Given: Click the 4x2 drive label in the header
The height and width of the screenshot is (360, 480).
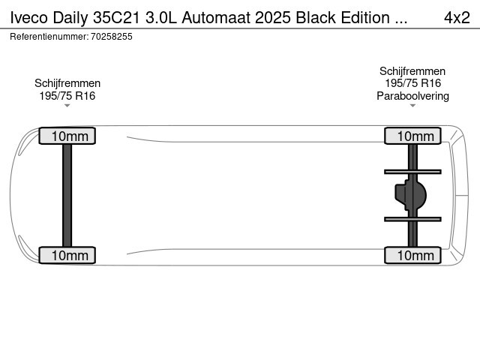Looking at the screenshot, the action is coord(457,18).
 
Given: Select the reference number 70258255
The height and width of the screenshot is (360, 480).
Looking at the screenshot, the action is coord(112,37).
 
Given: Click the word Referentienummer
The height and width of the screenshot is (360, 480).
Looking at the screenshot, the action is coord(49,37).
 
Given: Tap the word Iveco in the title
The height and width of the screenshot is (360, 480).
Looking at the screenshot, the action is coord(28,18).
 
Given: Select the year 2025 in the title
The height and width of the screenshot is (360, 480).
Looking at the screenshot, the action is coord(272,18).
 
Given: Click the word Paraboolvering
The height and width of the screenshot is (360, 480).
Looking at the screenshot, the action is coord(412,96).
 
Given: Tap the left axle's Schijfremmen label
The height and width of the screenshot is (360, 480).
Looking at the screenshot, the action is coord(67,83).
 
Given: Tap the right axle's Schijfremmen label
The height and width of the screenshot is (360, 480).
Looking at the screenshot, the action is coord(412,71).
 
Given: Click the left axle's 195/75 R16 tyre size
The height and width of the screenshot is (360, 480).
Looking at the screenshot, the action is coord(67,96).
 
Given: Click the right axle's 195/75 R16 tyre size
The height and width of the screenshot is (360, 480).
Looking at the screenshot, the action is coord(412,83).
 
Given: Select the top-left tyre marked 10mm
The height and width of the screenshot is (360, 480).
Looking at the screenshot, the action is coord(67,136).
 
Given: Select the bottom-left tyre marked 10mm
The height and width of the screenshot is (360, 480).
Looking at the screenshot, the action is coord(67,255).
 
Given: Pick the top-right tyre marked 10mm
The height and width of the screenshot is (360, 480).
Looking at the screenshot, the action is coord(412,136).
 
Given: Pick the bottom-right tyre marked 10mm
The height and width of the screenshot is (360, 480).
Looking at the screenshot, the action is coord(412,255).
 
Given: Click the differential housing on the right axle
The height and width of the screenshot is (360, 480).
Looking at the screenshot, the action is coord(410,195).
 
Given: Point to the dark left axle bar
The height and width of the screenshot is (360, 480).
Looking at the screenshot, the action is coord(67,195).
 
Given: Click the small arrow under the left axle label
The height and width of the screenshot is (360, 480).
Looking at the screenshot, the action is coord(67,106).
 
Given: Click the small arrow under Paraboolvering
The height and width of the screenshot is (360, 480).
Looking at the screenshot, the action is coord(412,106).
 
